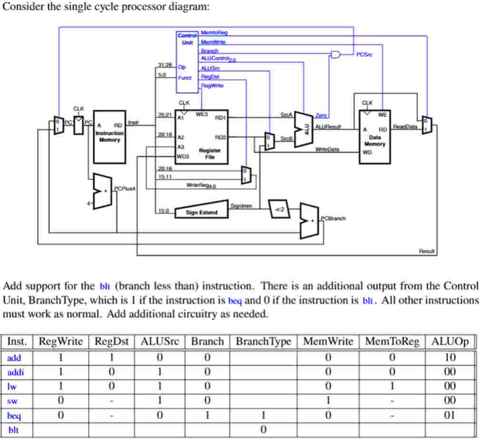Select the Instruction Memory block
(x=109, y=136)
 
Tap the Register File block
(x=202, y=136)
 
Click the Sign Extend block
(x=202, y=212)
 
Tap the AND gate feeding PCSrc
(x=336, y=55)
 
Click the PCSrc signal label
(x=364, y=55)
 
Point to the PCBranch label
(x=333, y=219)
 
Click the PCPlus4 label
(x=125, y=189)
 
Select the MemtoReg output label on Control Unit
(x=214, y=32)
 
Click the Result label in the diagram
(x=427, y=251)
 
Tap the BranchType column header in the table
(x=263, y=341)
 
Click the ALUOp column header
(x=450, y=341)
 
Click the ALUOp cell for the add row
(x=450, y=357)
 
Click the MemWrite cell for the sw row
(x=328, y=401)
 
